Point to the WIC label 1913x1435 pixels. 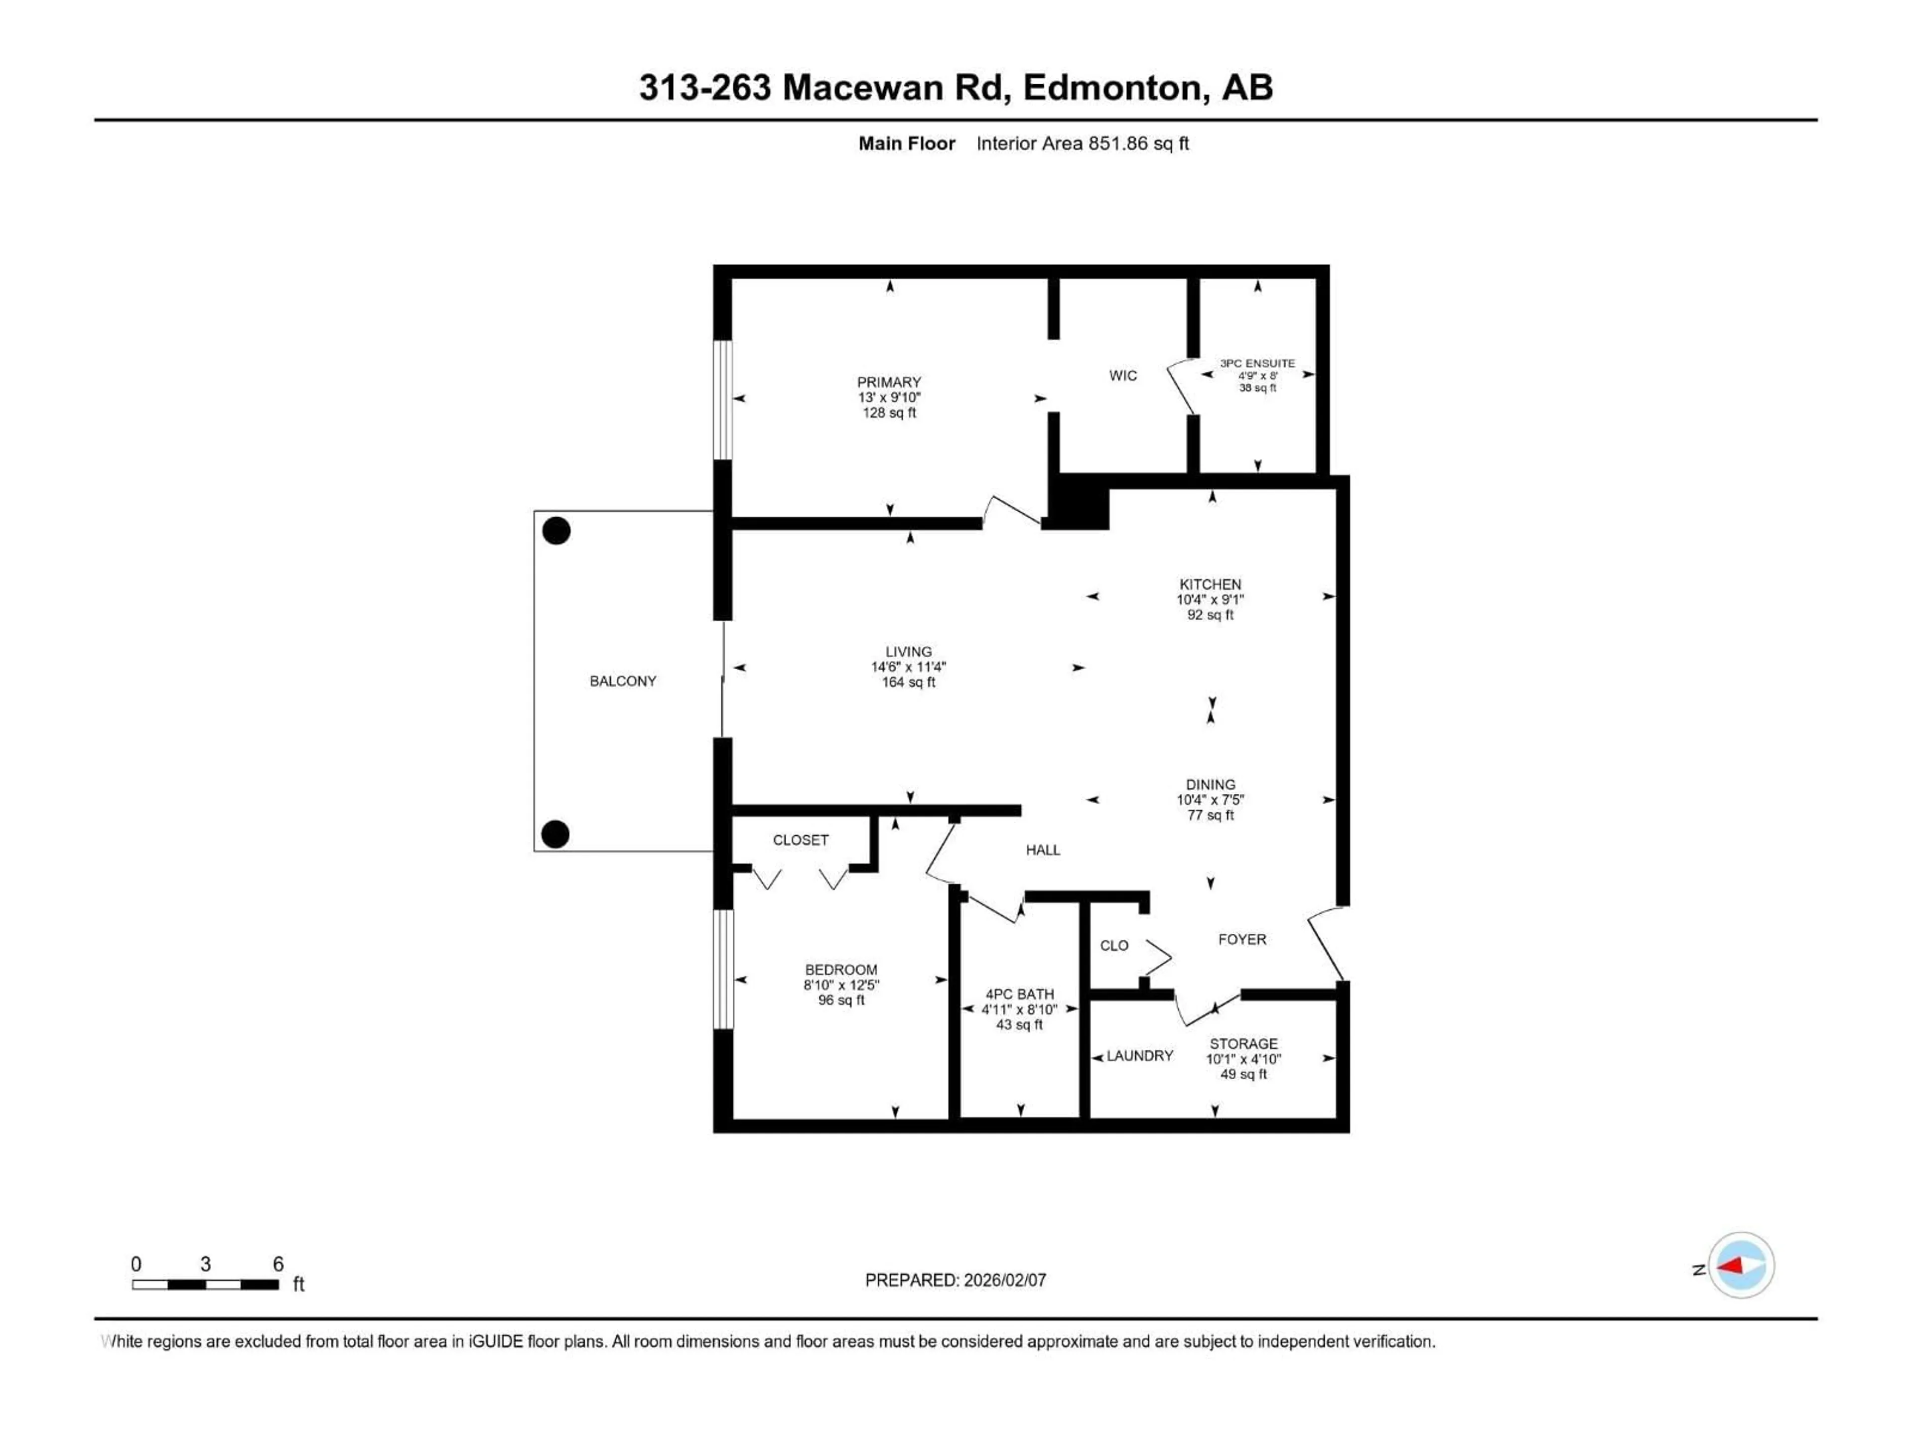(1122, 375)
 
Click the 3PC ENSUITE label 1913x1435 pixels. (1257, 363)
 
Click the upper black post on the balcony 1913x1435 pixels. (556, 530)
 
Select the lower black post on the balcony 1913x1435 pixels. (555, 834)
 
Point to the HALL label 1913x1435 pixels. (1043, 850)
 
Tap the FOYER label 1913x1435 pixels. (1242, 939)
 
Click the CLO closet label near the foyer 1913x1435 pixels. (1114, 945)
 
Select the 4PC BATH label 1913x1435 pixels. (1020, 995)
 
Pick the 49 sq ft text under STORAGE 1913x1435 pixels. (1243, 1074)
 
